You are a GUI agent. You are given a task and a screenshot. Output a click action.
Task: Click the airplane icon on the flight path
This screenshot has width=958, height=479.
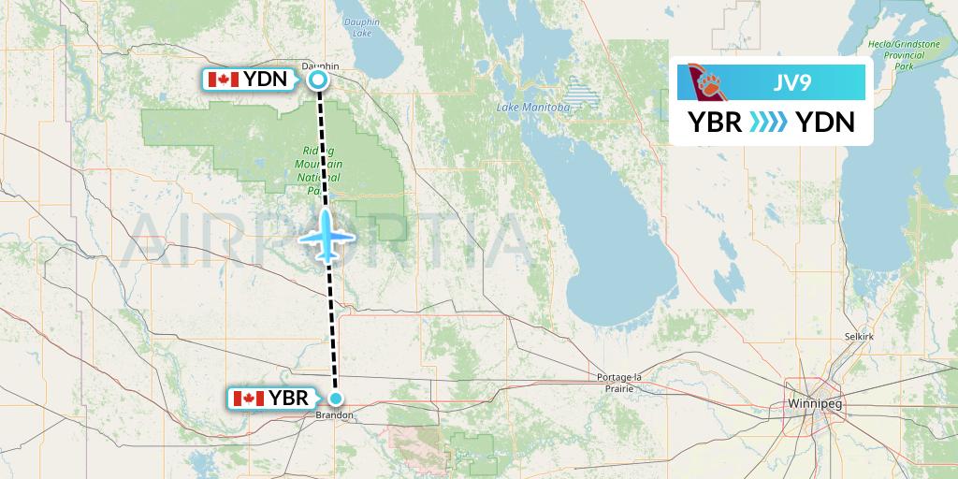327,236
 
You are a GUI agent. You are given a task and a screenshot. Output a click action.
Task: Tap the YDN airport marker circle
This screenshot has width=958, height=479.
318,80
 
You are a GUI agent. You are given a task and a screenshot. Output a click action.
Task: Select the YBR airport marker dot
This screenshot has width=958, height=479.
335,399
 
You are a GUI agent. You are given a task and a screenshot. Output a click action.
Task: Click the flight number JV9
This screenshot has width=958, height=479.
791,81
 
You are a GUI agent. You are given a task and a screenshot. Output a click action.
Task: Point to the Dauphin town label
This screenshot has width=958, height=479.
320,65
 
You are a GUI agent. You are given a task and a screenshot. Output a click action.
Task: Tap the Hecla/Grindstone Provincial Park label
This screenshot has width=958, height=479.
903,55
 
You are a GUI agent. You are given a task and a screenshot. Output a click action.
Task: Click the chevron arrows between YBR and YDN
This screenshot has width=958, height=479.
768,122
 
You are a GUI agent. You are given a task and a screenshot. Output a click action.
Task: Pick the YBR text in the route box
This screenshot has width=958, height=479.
716,122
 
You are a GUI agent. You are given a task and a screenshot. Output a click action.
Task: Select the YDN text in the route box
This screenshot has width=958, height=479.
823,122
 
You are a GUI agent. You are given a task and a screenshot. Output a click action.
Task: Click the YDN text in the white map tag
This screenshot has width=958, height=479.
266,80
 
